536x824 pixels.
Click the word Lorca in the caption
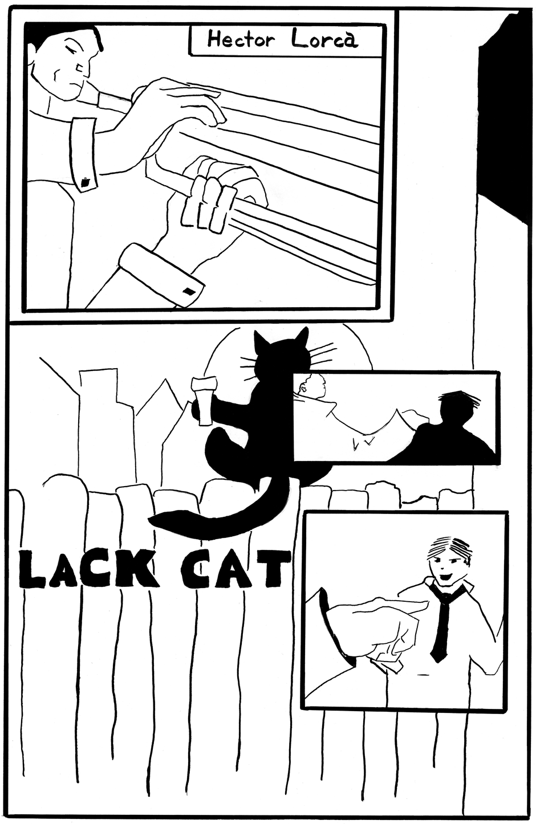[x=324, y=39]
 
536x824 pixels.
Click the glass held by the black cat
[x=203, y=400]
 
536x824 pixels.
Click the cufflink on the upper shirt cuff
[x=86, y=181]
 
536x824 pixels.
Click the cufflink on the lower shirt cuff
[x=189, y=291]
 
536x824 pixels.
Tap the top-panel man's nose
[x=83, y=66]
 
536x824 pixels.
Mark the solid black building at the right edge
[x=503, y=118]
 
